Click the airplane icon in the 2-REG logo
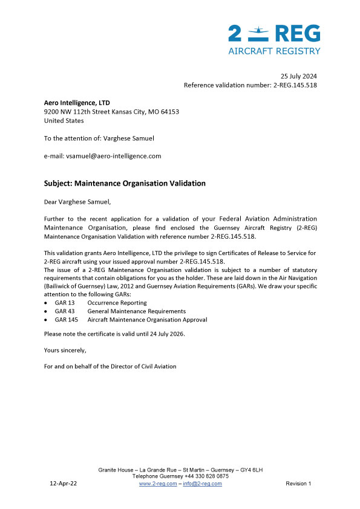[258, 30]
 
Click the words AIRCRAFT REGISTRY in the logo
[274, 51]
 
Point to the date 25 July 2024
[298, 76]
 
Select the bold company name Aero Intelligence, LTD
[77, 103]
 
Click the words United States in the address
[64, 120]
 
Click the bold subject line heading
[125, 183]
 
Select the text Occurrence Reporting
[117, 302]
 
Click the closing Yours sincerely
[65, 350]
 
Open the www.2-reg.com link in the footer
[158, 484]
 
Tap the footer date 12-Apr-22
[63, 484]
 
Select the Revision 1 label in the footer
[298, 484]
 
